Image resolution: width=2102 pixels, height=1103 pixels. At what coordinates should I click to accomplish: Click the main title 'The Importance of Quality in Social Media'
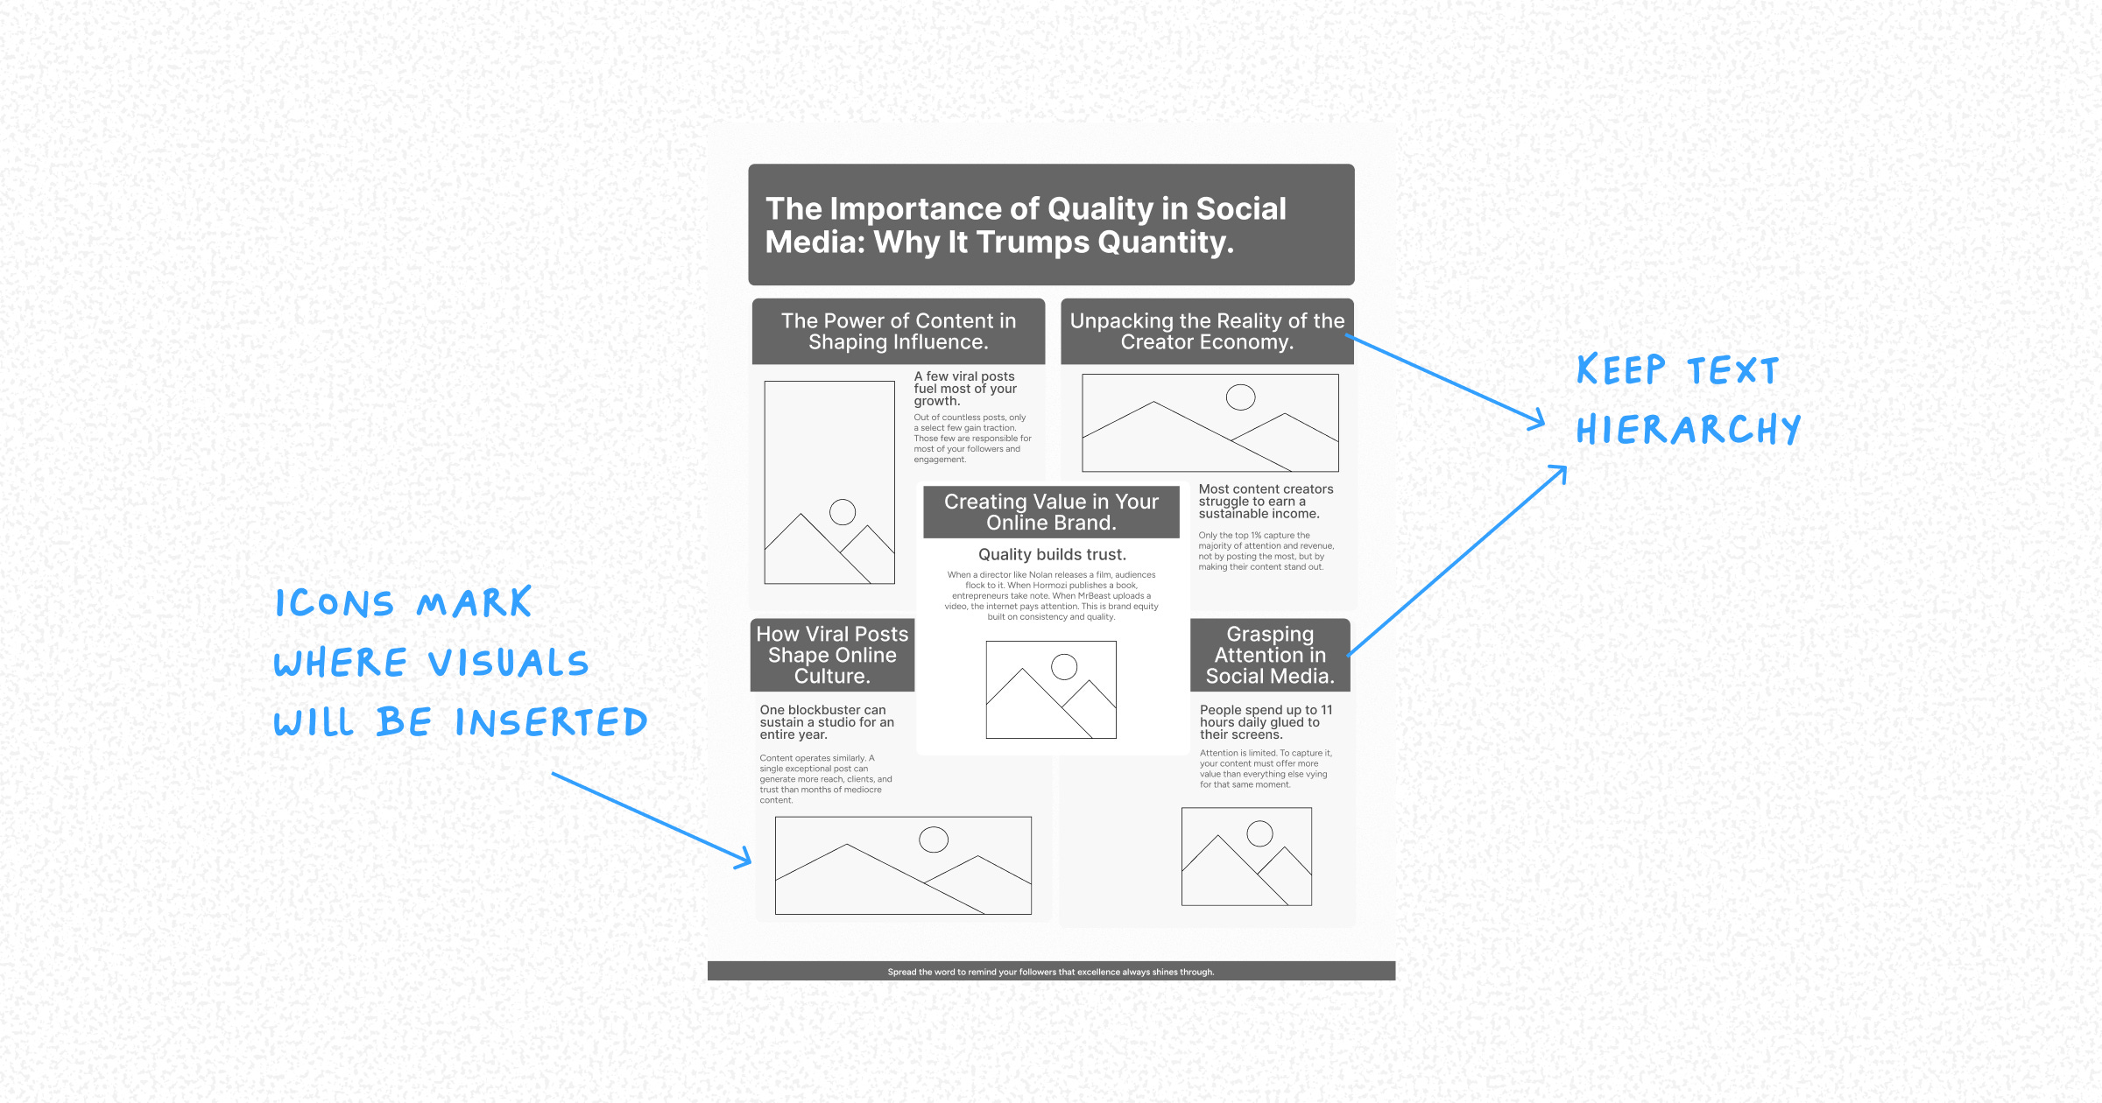(1026, 225)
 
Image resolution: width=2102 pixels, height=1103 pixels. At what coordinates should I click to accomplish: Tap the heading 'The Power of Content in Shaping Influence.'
(899, 332)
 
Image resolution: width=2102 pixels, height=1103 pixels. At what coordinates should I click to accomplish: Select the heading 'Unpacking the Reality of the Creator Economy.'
(1207, 332)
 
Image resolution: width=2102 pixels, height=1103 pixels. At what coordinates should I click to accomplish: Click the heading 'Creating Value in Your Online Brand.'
(1051, 512)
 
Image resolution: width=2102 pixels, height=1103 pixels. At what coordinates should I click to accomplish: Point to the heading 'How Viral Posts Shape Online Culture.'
(832, 655)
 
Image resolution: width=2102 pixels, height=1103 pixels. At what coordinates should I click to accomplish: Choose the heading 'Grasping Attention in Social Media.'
(1270, 655)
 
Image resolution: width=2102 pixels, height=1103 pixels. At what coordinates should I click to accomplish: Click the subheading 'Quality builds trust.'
(1052, 554)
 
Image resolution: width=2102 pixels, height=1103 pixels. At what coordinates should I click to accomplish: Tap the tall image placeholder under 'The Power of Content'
(829, 482)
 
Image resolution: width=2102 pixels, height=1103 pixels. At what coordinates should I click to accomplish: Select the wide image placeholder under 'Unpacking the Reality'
(1210, 423)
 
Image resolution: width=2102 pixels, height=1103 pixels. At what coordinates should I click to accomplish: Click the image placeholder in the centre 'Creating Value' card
(1051, 690)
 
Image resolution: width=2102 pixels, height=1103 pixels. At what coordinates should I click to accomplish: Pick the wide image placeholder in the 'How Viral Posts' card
(903, 865)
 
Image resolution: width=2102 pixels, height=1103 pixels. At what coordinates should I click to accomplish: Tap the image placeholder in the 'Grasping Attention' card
(1246, 856)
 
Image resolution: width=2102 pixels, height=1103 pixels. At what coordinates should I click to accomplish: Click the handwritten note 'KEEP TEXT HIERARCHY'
(1687, 400)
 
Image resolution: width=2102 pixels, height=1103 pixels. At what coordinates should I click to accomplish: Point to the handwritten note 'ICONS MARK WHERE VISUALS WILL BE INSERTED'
(460, 663)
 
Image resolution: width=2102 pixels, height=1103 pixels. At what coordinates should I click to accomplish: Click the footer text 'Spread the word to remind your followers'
(1051, 972)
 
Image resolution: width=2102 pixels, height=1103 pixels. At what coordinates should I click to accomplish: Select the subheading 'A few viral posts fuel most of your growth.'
(965, 389)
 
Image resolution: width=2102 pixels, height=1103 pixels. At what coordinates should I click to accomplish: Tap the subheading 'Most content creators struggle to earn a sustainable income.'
(1266, 502)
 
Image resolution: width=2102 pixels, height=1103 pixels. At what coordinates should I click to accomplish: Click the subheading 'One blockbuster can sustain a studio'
(827, 722)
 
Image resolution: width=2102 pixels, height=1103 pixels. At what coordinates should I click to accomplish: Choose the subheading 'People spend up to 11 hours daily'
(1266, 722)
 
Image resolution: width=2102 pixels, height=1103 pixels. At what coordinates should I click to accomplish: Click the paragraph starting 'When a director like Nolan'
(1051, 596)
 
